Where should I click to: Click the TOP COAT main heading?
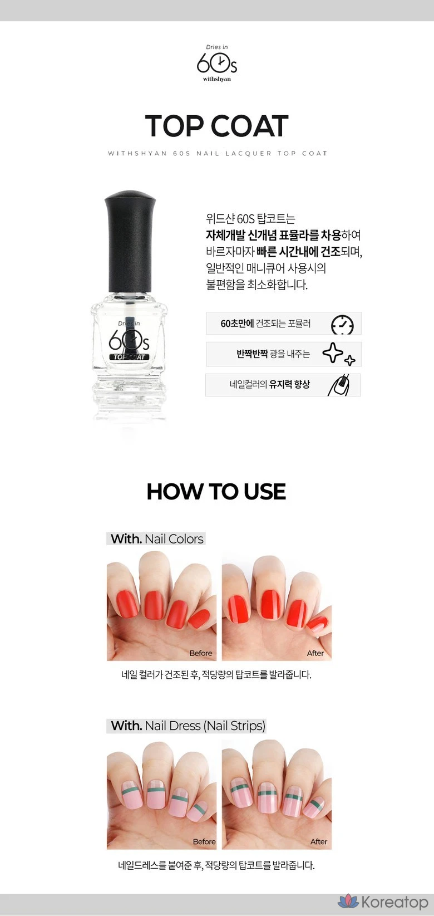pyautogui.click(x=216, y=126)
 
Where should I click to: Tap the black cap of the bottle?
pyautogui.click(x=130, y=241)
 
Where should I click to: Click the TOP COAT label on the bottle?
pyautogui.click(x=129, y=356)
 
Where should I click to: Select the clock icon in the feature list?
pyautogui.click(x=342, y=325)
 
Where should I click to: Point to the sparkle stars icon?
pyautogui.click(x=339, y=354)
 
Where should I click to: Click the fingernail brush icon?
pyautogui.click(x=339, y=385)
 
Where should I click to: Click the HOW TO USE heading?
pyautogui.click(x=216, y=492)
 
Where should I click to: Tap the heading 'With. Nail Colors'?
pyautogui.click(x=157, y=539)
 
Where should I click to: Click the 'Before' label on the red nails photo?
pyautogui.click(x=201, y=653)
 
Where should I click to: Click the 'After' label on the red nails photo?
pyautogui.click(x=315, y=653)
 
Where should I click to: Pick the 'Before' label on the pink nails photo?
pyautogui.click(x=204, y=841)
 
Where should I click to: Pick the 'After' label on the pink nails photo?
pyautogui.click(x=318, y=841)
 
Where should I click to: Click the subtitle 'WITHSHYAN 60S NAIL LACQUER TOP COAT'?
pyautogui.click(x=218, y=153)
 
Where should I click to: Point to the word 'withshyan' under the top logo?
pyautogui.click(x=217, y=79)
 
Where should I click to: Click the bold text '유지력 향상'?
pyautogui.click(x=289, y=384)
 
